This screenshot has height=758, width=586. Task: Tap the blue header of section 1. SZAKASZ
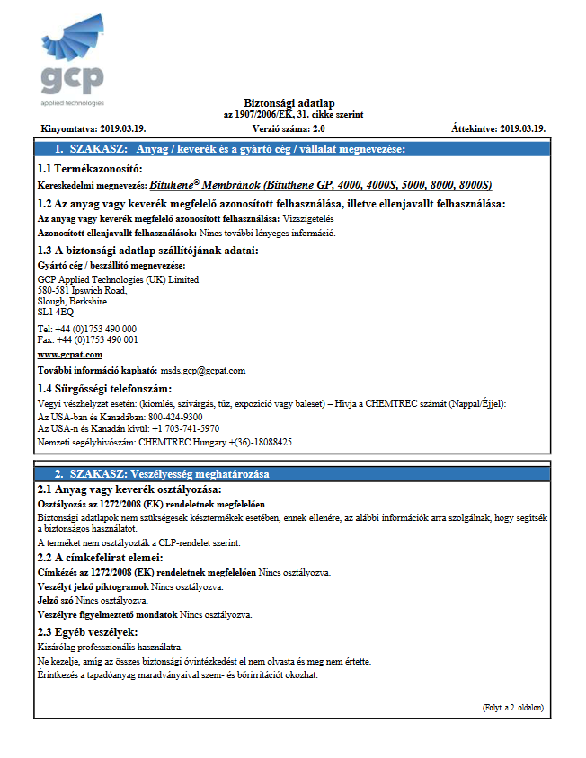tap(229, 148)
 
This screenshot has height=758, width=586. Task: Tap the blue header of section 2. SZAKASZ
tap(161, 473)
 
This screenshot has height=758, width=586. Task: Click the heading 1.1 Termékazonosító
tap(89, 169)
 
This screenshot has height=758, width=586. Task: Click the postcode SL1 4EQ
tap(56, 313)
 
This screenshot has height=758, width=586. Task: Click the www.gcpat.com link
tap(69, 355)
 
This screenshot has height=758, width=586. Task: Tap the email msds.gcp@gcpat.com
tap(202, 370)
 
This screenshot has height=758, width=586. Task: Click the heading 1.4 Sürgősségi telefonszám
tap(103, 388)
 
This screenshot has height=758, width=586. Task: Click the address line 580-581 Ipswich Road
tap(83, 290)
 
